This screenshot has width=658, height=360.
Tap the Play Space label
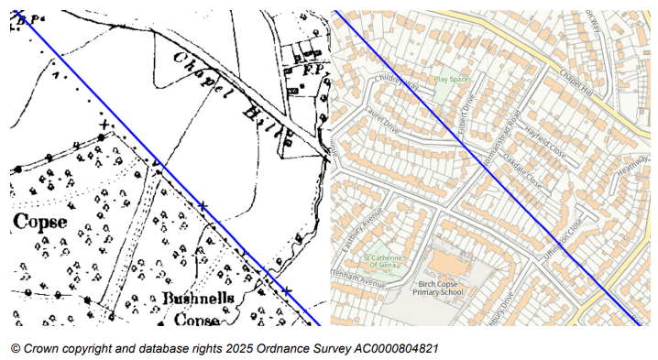450,80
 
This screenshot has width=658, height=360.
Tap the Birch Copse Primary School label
437,288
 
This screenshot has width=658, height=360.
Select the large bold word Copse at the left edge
40,222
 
